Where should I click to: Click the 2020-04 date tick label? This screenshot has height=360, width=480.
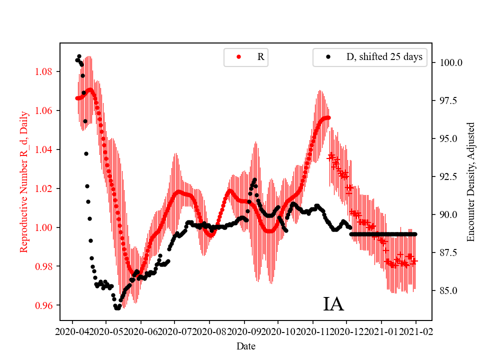pos(72,331)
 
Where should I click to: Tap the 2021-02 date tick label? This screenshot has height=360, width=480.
pos(415,331)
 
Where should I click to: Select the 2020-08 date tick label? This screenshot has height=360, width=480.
pos(209,331)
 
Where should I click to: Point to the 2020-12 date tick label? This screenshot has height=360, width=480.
pos(346,331)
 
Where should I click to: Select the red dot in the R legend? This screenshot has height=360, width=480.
pos(238,57)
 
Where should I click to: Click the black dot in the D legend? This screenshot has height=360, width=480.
pos(328,57)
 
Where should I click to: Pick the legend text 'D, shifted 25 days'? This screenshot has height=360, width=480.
pos(384,57)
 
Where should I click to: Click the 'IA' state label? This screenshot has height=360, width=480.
pos(333,304)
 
